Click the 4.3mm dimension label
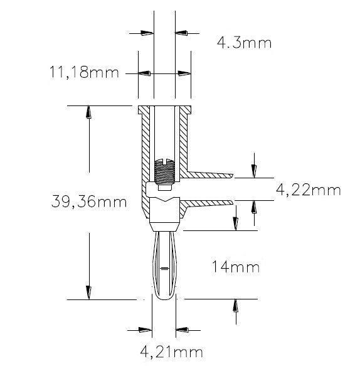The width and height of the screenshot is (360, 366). coord(244,43)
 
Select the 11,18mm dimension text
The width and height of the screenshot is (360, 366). coord(84,73)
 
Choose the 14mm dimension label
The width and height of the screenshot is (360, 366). coord(236,268)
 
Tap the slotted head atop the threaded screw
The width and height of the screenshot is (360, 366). coord(164,158)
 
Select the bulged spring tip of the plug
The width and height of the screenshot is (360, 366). coord(164,267)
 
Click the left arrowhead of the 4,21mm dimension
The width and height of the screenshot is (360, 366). coord(146,330)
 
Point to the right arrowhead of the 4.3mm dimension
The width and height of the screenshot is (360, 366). coord(182,33)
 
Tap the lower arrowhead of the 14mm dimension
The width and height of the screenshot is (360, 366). coord(236,306)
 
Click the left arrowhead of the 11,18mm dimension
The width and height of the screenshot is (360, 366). coord(144,73)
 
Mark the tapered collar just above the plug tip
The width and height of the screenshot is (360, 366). coord(165,225)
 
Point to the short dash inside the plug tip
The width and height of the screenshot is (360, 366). coord(164,269)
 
